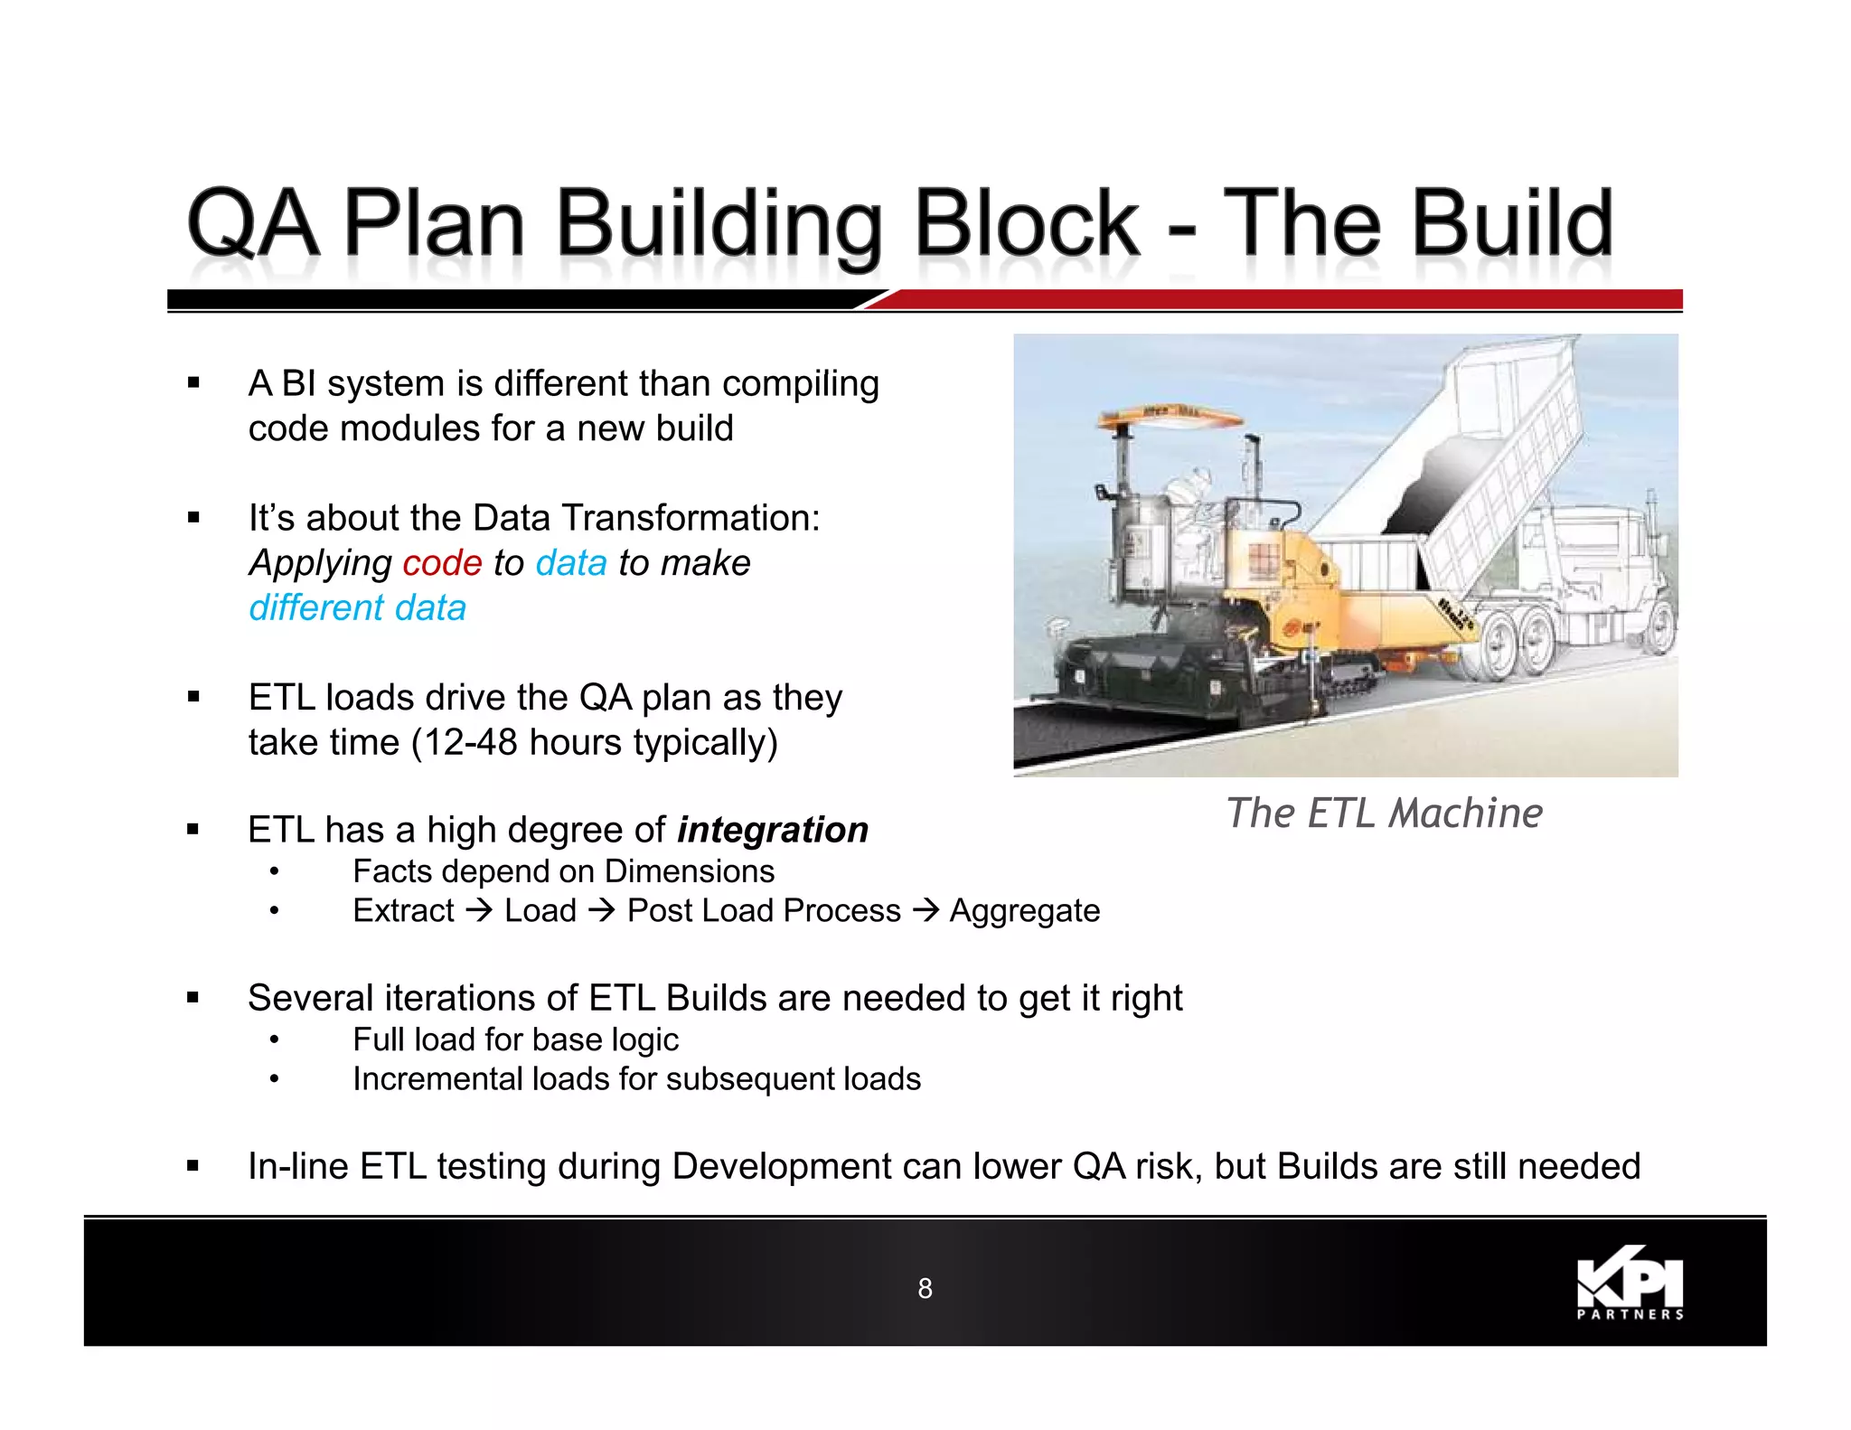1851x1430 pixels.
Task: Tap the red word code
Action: tap(442, 563)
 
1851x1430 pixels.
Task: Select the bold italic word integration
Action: tap(773, 830)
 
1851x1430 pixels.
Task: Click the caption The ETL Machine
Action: tap(1384, 813)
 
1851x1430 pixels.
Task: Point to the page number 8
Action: tap(925, 1288)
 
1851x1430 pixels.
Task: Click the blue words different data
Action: tap(357, 607)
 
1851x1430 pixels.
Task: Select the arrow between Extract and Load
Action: tap(479, 910)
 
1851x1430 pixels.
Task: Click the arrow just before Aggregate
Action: tap(925, 910)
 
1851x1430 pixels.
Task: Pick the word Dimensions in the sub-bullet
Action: tap(690, 871)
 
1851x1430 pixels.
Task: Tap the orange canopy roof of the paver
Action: tap(1170, 416)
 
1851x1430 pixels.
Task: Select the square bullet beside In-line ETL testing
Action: tap(193, 1166)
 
